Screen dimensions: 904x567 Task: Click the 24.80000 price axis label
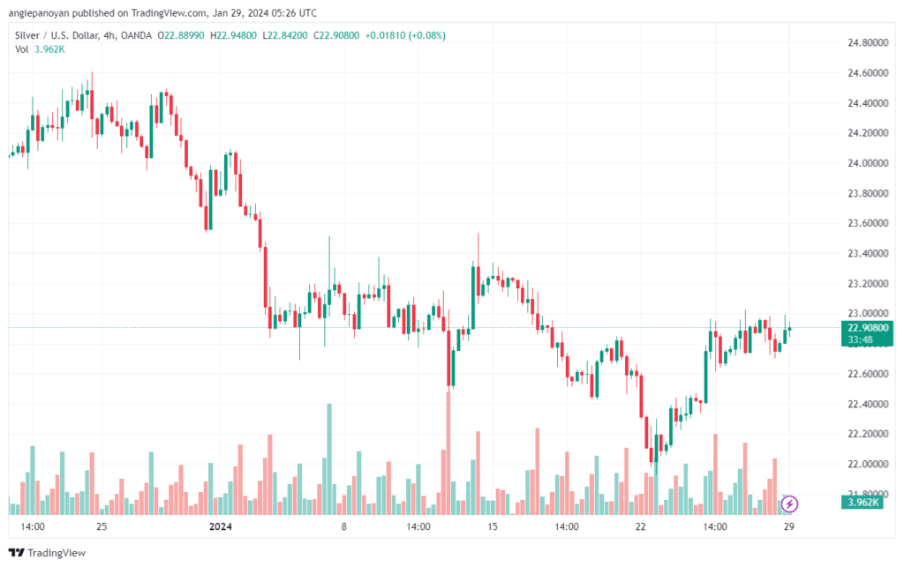pos(868,42)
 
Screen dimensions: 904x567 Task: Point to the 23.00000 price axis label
pos(868,313)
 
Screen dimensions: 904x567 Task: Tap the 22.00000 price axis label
pos(868,464)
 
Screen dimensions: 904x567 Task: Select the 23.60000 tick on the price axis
pos(868,223)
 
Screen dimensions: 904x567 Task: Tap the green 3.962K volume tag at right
pos(863,503)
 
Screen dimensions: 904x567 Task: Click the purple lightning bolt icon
pos(789,504)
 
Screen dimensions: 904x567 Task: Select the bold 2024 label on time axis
pos(220,526)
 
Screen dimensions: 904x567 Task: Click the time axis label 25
pos(102,526)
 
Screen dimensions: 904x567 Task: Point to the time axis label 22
pos(641,526)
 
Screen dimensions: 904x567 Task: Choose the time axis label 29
pos(788,526)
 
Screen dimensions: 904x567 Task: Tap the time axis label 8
pos(343,526)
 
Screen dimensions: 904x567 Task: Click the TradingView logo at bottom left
pos(48,553)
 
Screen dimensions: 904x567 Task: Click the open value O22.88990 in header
pos(180,35)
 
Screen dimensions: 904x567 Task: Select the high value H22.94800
pos(233,35)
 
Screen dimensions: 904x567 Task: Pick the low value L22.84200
pos(285,35)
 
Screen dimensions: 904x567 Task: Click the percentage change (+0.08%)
pos(426,35)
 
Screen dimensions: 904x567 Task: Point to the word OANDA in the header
pos(136,35)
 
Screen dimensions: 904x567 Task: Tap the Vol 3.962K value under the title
pos(49,49)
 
